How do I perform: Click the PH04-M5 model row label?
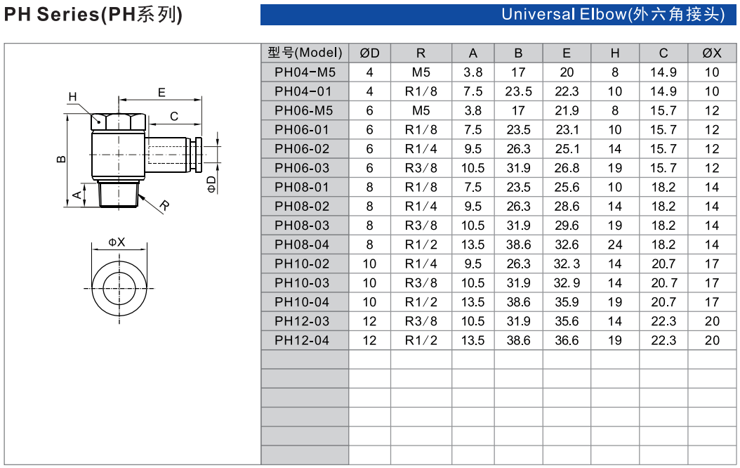click(305, 72)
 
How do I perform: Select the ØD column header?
click(369, 53)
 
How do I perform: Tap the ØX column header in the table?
click(712, 53)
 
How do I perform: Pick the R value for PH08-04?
click(421, 245)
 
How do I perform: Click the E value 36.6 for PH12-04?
click(567, 341)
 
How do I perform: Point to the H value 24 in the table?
click(615, 245)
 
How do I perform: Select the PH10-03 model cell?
click(302, 283)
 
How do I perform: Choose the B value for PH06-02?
click(518, 149)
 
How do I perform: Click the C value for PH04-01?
click(663, 91)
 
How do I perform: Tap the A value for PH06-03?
click(473, 168)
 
